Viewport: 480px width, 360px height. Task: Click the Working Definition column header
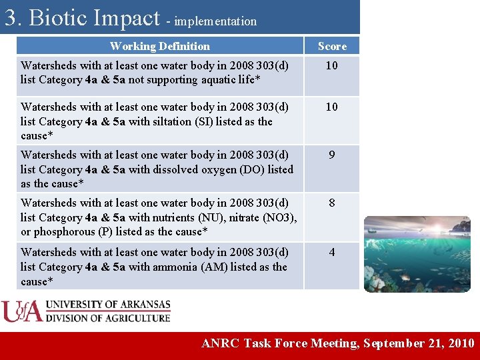click(x=159, y=46)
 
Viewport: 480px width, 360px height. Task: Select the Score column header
click(x=332, y=46)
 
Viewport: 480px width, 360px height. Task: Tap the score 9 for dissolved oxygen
click(x=332, y=155)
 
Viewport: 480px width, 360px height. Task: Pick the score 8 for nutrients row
click(x=332, y=203)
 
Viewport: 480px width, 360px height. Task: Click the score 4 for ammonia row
click(x=332, y=252)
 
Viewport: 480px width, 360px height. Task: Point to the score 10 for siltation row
click(x=332, y=107)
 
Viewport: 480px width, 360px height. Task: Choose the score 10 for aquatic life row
click(x=332, y=65)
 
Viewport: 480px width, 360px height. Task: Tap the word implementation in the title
click(x=215, y=21)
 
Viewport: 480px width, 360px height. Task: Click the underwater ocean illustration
click(x=417, y=253)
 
